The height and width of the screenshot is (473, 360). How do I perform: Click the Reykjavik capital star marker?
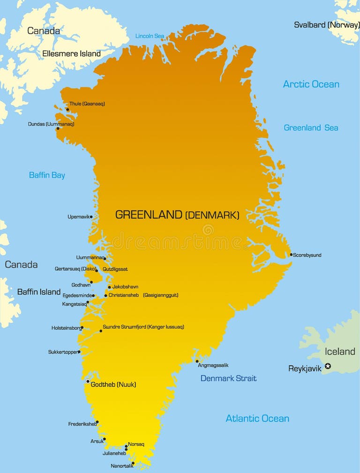(x=328, y=366)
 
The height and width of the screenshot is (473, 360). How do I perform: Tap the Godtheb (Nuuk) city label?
(x=113, y=384)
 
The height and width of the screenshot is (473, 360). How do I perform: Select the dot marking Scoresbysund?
(x=291, y=255)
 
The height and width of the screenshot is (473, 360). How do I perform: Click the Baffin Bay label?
(x=47, y=175)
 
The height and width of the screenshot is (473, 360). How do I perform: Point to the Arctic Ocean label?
(x=311, y=84)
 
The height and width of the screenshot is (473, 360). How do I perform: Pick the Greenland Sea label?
(x=311, y=127)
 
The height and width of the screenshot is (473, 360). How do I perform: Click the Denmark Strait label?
(x=228, y=378)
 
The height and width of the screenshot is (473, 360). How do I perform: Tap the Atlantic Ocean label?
(x=257, y=418)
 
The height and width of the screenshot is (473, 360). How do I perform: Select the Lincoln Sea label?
(x=150, y=36)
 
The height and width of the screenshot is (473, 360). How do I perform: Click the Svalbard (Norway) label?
(x=327, y=25)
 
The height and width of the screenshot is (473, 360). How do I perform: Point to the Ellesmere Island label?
(x=71, y=53)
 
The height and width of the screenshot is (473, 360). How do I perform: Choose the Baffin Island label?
(x=39, y=292)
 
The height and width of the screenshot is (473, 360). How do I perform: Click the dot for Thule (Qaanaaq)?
(x=67, y=110)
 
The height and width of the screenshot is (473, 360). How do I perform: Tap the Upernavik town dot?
(x=91, y=217)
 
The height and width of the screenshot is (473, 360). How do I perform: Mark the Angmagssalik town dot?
(x=197, y=361)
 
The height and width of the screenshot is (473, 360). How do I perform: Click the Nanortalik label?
(x=122, y=466)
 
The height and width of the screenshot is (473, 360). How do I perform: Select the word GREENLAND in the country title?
(x=149, y=214)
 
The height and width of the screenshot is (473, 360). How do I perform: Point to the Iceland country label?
(x=340, y=351)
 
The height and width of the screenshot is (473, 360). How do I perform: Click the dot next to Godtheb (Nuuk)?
(x=88, y=381)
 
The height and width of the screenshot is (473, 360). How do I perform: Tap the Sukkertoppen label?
(x=63, y=352)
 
